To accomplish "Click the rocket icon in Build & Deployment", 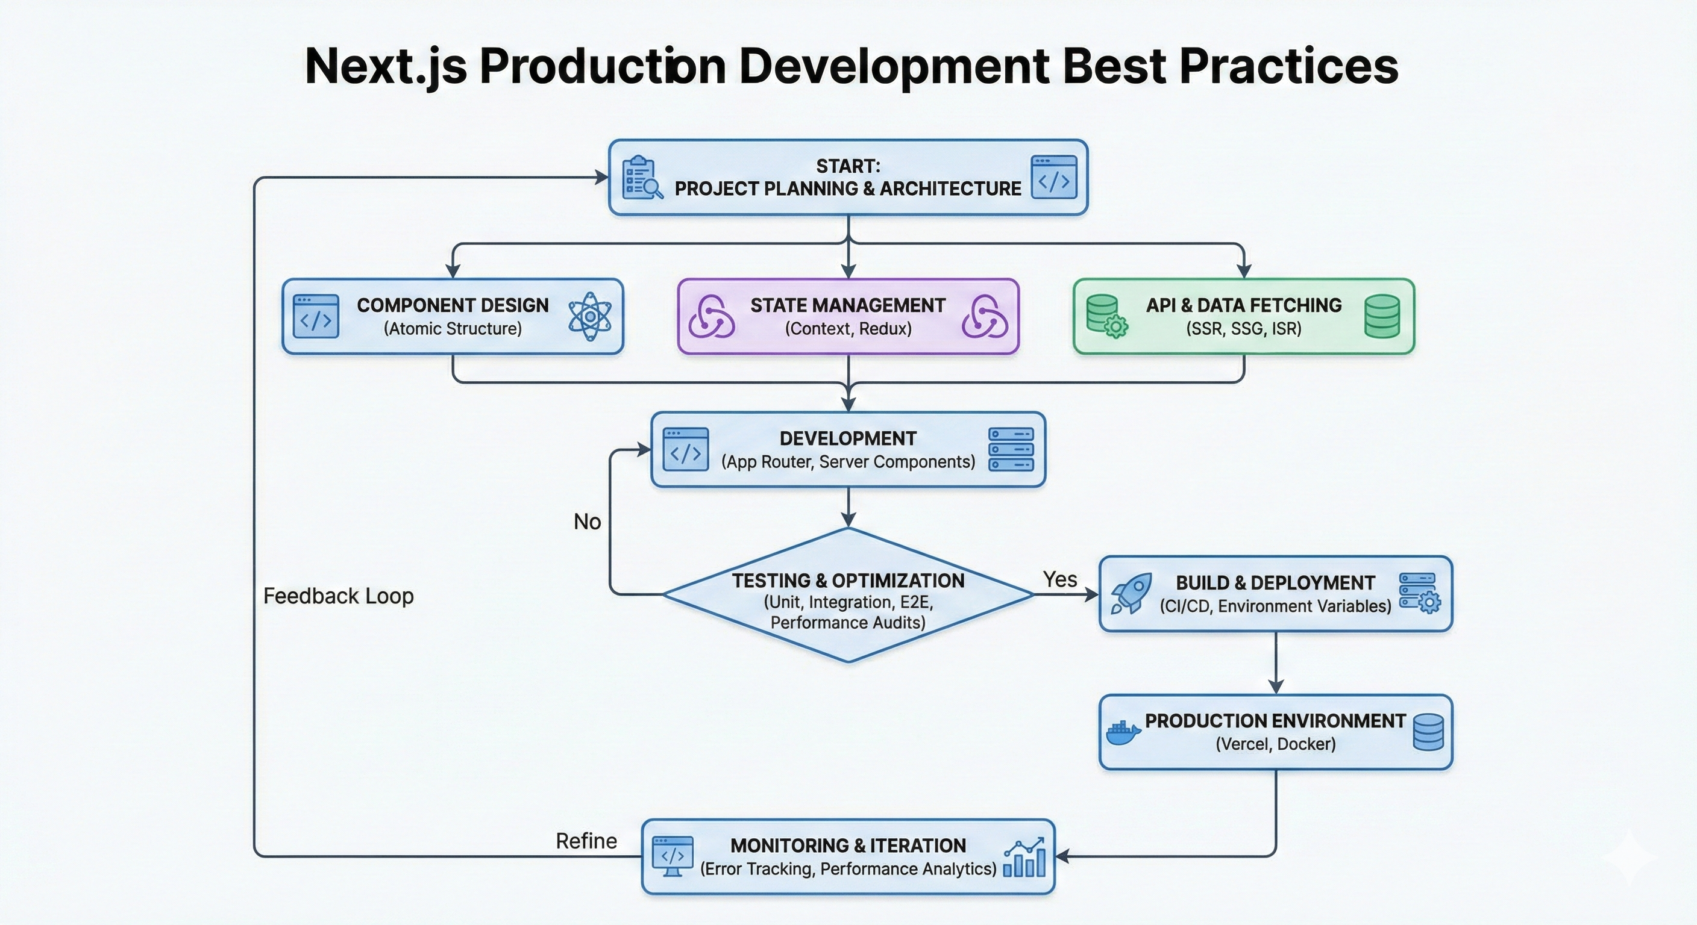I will (1131, 593).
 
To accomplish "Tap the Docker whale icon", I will (1123, 732).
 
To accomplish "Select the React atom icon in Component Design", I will (589, 317).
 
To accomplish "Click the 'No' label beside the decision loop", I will (587, 522).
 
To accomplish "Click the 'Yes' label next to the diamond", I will (1060, 579).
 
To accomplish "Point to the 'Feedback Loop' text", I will (338, 596).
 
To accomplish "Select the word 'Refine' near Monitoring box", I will (586, 841).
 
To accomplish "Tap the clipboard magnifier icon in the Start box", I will (642, 178).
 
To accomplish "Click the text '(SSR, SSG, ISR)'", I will (1244, 329).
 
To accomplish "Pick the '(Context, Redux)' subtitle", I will (848, 329).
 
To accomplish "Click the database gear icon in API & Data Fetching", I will (1106, 317).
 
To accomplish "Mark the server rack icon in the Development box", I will (1011, 449).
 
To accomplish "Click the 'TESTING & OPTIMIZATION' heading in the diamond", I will (848, 581).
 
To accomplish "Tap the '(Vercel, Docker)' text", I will (1275, 744).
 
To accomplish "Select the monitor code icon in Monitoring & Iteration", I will (672, 856).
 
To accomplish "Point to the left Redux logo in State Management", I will (712, 317).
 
